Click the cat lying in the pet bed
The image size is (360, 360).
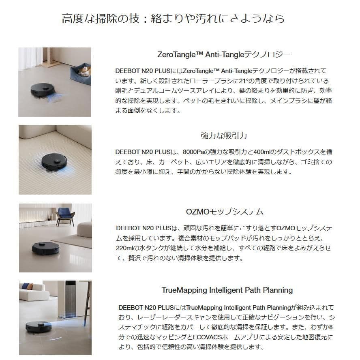point(83,71)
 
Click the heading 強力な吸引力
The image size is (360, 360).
point(224,136)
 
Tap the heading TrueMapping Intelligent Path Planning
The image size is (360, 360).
point(227,290)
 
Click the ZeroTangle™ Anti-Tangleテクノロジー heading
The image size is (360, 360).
point(224,54)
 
